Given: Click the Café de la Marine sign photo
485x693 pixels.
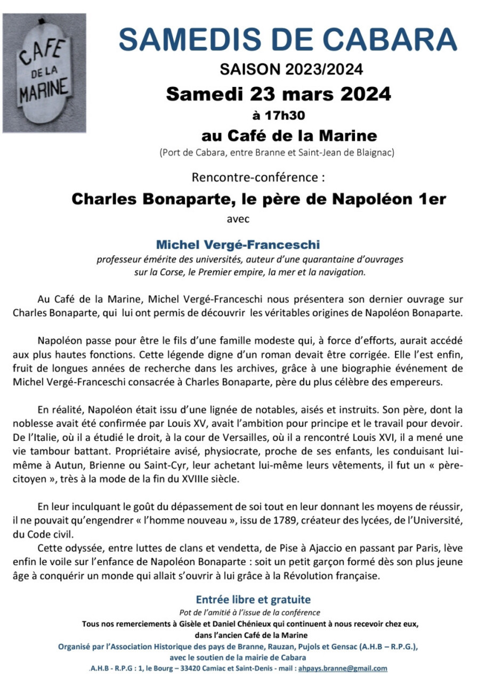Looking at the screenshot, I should point(44,73).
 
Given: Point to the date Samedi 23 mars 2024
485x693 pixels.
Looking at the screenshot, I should point(278,94).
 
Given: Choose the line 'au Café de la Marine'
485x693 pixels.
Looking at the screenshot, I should point(289,134).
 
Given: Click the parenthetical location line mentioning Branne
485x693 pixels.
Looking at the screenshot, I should point(277,153).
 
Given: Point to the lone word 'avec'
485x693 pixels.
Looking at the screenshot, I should point(237,218).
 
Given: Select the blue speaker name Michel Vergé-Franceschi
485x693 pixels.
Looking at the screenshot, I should point(238,245).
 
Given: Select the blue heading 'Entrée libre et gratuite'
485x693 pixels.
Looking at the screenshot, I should point(253,600).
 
